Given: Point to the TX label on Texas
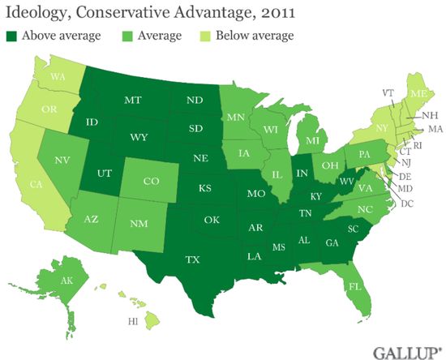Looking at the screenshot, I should click(192, 261).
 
